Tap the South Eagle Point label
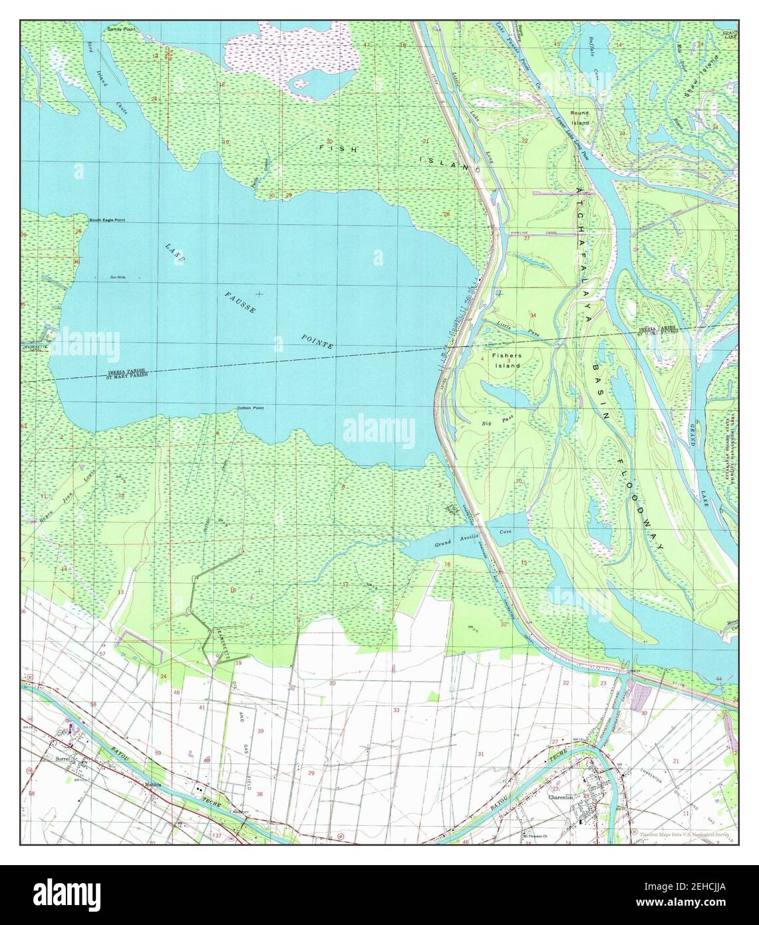pos(108,220)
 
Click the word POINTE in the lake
pos(317,343)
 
